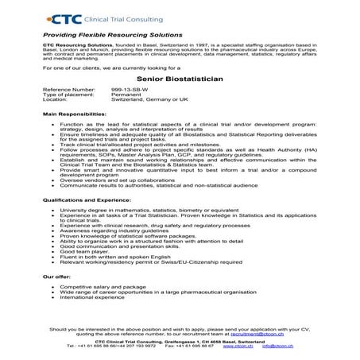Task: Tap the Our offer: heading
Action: point(57,277)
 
